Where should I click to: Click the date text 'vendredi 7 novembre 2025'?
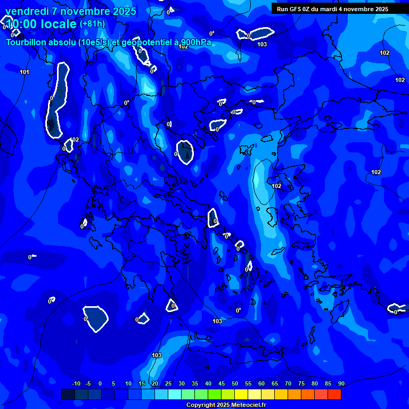[71, 11]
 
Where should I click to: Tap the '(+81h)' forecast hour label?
[92, 24]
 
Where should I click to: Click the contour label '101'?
[24, 72]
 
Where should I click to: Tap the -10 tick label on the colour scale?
[76, 384]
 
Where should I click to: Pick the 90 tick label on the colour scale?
[341, 384]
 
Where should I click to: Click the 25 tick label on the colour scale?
[168, 384]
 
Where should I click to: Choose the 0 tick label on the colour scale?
[100, 384]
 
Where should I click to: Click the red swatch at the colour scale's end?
[334, 394]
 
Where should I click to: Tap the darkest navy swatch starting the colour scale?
[68, 394]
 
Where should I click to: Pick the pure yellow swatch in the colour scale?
[241, 394]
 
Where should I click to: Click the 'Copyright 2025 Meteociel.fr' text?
[226, 405]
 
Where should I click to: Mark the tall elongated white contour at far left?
[58, 101]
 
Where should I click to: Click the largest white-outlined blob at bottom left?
[96, 318]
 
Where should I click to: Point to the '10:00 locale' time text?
[41, 24]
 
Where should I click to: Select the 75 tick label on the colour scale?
[301, 384]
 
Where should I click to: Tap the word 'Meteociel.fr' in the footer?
[248, 405]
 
